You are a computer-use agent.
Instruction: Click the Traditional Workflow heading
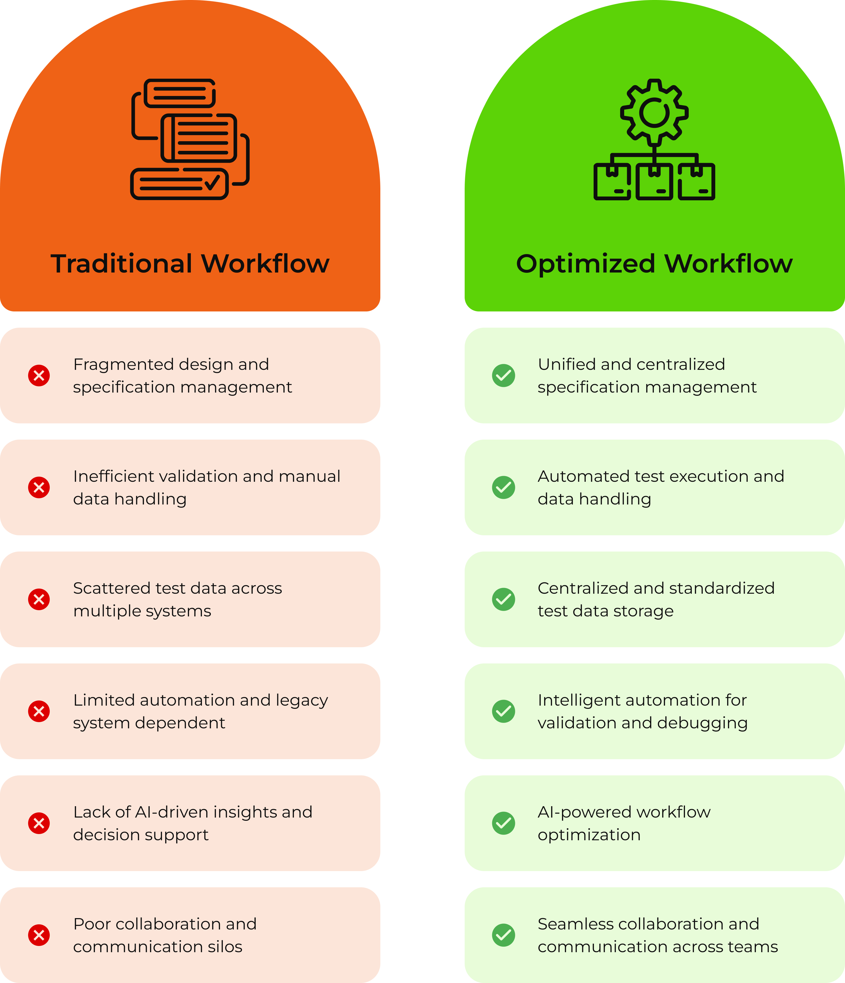[x=190, y=264]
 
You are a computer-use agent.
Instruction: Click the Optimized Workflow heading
[x=654, y=264]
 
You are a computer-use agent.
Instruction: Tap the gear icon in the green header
[x=654, y=112]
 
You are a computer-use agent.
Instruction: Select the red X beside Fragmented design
[x=39, y=376]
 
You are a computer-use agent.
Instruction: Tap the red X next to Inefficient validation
[x=39, y=488]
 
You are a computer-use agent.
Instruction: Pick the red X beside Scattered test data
[x=39, y=600]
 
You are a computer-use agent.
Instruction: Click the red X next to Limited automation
[x=39, y=712]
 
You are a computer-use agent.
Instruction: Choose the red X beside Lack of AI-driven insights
[x=39, y=823]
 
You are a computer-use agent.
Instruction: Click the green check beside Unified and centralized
[x=503, y=376]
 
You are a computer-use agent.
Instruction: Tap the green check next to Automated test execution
[x=503, y=488]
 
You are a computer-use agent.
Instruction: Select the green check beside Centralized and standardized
[x=503, y=600]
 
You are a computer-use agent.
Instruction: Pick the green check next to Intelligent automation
[x=503, y=712]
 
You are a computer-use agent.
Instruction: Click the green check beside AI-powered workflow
[x=503, y=823]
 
